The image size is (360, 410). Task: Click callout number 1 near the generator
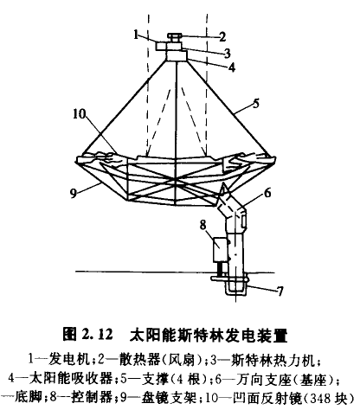137,34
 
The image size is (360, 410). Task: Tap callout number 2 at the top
222,37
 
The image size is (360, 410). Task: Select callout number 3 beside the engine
228,53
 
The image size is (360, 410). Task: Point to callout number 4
232,67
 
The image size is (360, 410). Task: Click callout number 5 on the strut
256,103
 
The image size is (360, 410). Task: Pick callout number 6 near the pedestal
268,193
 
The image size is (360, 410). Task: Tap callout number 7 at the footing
280,291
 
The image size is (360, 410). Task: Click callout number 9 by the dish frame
74,194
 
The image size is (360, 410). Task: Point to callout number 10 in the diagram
80,114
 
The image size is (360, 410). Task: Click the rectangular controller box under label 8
221,249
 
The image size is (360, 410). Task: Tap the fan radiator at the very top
175,37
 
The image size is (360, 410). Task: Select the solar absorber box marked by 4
177,55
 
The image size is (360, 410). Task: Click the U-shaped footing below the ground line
236,288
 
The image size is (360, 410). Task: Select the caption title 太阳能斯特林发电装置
209,335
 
